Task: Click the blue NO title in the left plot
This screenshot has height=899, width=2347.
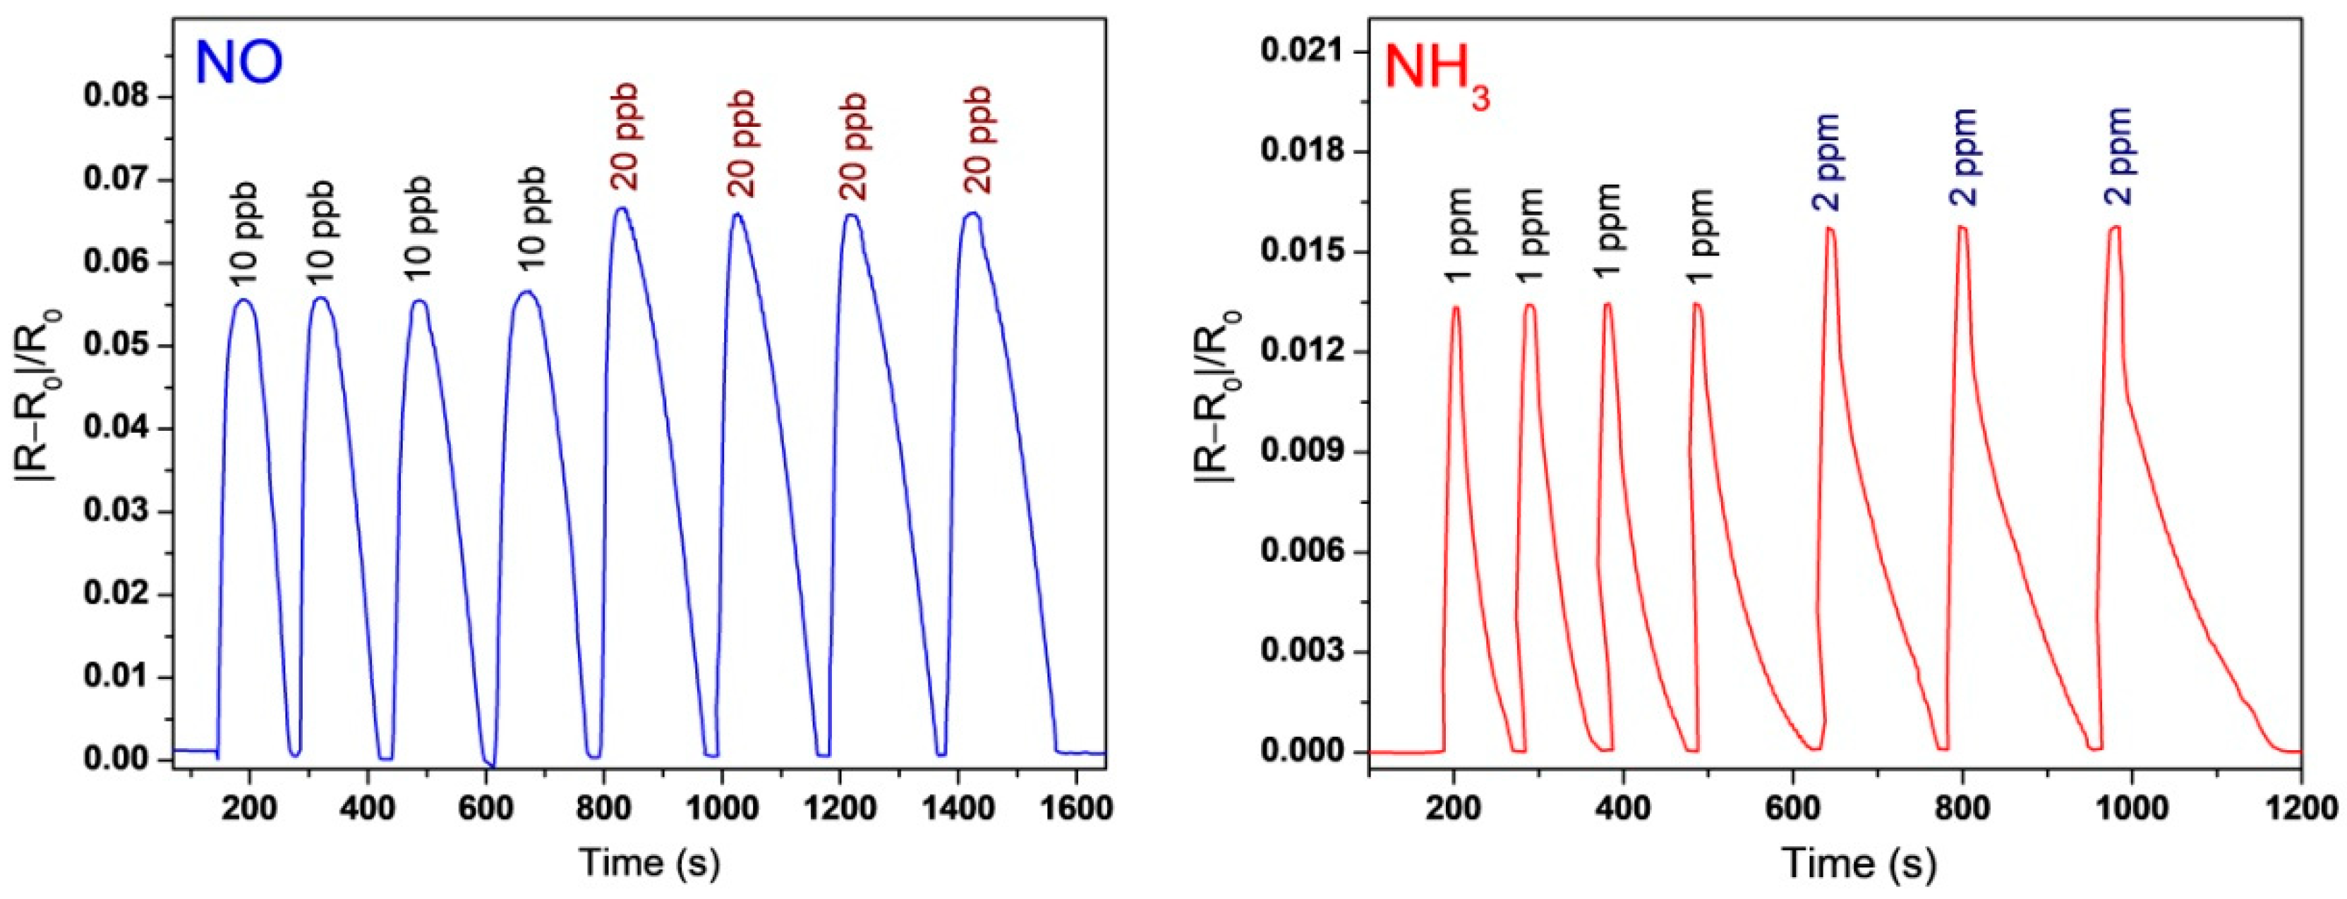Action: (x=239, y=63)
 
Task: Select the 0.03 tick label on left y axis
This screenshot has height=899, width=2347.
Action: (x=119, y=512)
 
